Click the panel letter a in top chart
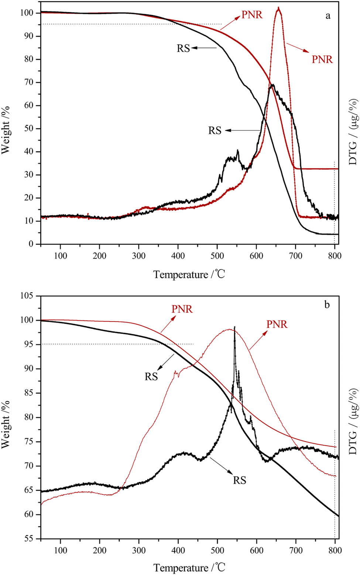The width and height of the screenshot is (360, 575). (x=328, y=16)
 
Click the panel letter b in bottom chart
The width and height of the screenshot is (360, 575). (x=327, y=305)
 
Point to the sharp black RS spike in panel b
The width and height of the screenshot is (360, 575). (x=234, y=328)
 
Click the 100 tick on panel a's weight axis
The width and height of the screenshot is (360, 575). (x=28, y=13)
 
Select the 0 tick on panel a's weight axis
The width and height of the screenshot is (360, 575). (x=32, y=244)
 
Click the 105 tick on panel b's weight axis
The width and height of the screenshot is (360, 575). (x=28, y=296)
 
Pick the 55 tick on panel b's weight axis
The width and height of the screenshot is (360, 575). (x=30, y=539)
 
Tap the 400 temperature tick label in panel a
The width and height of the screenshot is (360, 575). (x=178, y=256)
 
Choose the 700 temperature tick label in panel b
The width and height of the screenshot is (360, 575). (x=295, y=551)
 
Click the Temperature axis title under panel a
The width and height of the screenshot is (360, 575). (x=189, y=275)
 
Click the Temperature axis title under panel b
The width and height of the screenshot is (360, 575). (x=189, y=567)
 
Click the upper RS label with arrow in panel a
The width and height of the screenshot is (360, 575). (x=183, y=48)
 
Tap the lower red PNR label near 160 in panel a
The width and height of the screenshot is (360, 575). (x=322, y=59)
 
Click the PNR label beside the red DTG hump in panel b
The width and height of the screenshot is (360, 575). (x=277, y=324)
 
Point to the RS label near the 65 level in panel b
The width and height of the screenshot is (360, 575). (x=239, y=480)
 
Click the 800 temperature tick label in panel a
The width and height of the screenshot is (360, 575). (x=335, y=256)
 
